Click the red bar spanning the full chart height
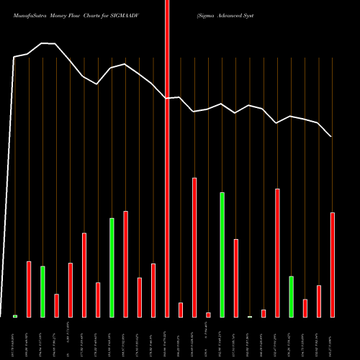coord(167,158)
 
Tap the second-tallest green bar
coord(112,267)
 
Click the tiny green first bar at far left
coord(14,315)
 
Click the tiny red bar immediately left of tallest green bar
coord(208,315)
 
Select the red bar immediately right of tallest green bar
coord(236,278)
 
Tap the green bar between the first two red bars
coord(42,292)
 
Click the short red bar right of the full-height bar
coord(181,310)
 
